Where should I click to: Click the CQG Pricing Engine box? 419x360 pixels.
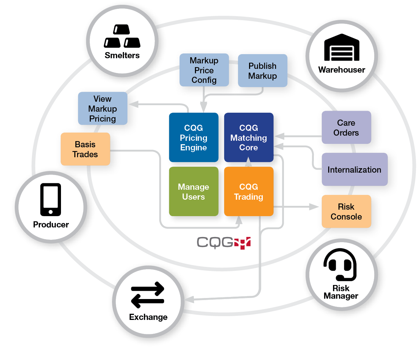coord(194,137)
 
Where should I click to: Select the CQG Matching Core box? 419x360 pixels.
coord(248,137)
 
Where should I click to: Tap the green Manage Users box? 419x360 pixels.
coord(194,191)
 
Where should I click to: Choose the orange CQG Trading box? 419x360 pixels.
coord(248,191)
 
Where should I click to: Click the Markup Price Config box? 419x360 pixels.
coord(204,70)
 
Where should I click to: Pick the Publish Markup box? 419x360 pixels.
coord(262,71)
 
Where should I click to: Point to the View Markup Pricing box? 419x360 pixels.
coord(102,108)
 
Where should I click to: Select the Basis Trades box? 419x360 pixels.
coord(85,149)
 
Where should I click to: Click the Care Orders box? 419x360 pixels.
coord(346,127)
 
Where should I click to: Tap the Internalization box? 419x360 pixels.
coord(354,170)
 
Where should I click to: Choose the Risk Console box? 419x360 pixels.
coord(346,211)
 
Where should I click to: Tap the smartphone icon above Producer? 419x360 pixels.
coord(51,200)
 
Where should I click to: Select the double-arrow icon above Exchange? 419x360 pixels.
coord(148,295)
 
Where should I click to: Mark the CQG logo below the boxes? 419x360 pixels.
coord(224,243)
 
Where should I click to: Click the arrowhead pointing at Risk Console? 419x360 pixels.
coord(314,207)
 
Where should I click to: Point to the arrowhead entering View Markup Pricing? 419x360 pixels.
coord(133,104)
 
